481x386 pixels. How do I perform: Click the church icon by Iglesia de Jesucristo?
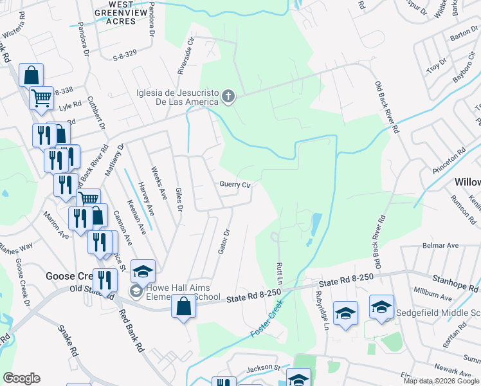pos(228,97)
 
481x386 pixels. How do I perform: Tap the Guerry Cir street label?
pos(235,185)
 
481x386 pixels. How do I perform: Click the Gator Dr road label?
pos(223,241)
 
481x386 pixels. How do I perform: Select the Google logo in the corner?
pos(21,378)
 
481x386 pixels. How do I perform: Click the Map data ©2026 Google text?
pos(441,381)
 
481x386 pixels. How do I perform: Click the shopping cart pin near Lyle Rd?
pos(41,98)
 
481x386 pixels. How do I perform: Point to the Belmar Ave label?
pos(440,245)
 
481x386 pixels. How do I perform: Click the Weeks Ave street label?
pos(158,183)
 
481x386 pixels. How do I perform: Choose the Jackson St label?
pos(264,369)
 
